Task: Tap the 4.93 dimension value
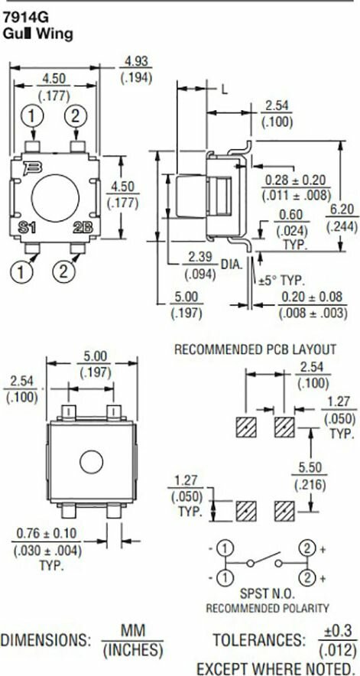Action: [136, 62]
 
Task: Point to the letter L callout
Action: [224, 89]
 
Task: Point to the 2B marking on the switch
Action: [83, 228]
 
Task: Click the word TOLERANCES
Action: [258, 639]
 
